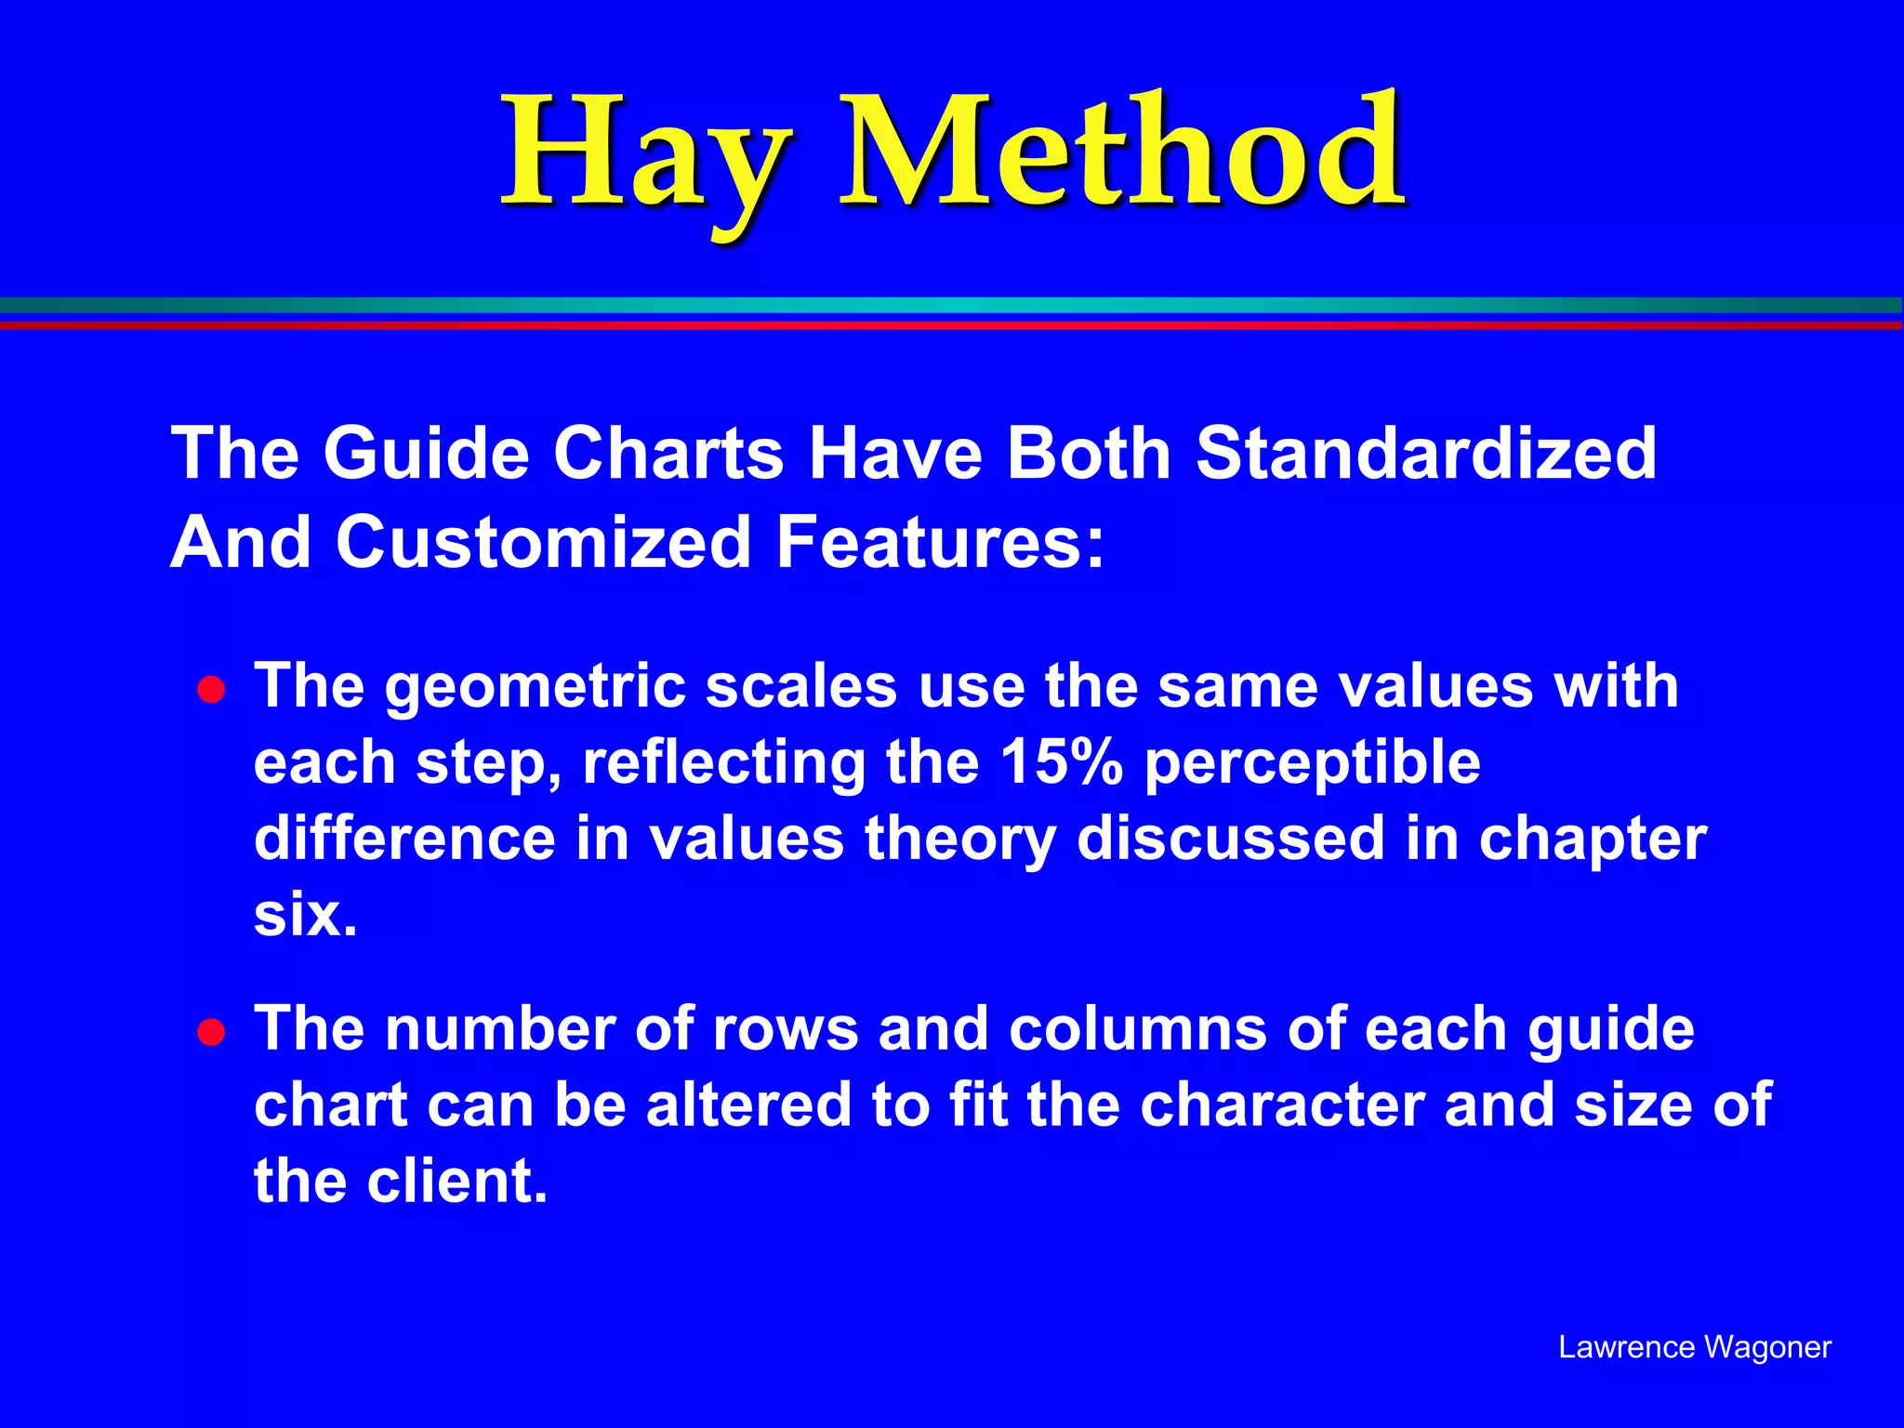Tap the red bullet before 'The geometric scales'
coord(212,691)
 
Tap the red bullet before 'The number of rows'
coord(212,1033)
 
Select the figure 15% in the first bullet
coord(1061,762)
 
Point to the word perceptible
coord(1312,764)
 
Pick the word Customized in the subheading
coord(543,542)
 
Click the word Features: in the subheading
coord(940,542)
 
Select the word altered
coord(748,1105)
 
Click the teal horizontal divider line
coord(952,305)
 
